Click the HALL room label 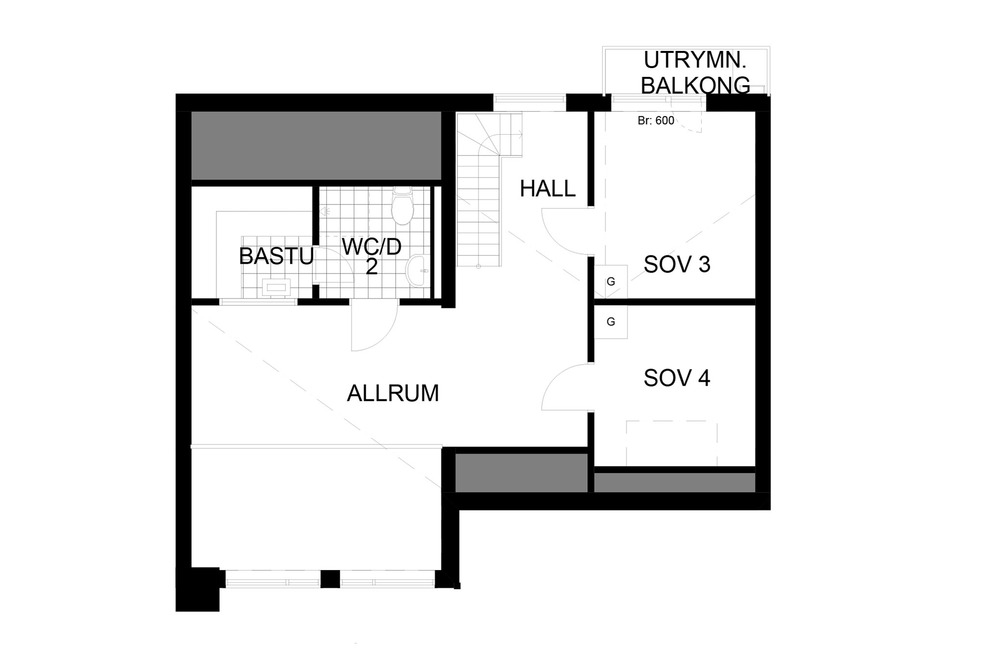coord(547,189)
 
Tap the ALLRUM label coord(393,394)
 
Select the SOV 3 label coord(677,265)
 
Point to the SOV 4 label coord(677,378)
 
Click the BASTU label coord(276,256)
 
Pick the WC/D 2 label coord(372,256)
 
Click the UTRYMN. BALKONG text coord(695,73)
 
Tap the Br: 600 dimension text coord(656,121)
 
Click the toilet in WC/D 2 coord(402,205)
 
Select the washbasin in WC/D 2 coord(418,271)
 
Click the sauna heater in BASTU coord(276,287)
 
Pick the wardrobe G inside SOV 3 coord(611,282)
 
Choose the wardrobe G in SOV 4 coord(611,322)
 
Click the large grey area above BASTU coord(316,146)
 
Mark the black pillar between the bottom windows coord(330,579)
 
